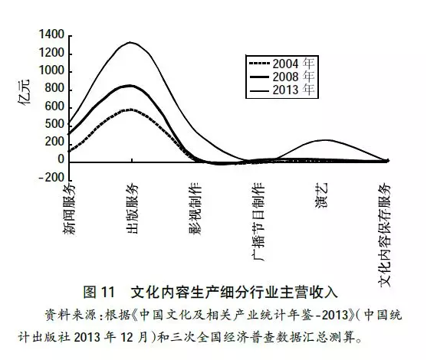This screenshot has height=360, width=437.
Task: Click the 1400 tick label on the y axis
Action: pyautogui.click(x=51, y=34)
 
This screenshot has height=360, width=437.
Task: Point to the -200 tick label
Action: pyautogui.click(x=51, y=178)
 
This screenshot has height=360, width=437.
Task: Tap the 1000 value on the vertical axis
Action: pyautogui.click(x=51, y=70)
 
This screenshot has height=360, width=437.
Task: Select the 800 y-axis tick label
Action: pyautogui.click(x=54, y=89)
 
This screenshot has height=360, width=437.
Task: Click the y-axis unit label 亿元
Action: pyautogui.click(x=24, y=92)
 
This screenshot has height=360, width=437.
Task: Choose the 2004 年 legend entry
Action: pyautogui.click(x=282, y=64)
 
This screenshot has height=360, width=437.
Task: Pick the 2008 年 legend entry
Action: pyautogui.click(x=282, y=77)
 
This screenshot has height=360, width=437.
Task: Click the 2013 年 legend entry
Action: pyautogui.click(x=282, y=90)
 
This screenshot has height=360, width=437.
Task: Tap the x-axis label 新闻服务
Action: pyautogui.click(x=70, y=210)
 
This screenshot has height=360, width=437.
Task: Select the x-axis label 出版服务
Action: pyautogui.click(x=133, y=208)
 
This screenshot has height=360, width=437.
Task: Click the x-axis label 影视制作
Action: pyautogui.click(x=195, y=209)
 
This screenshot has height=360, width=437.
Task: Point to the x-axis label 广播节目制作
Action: pyautogui.click(x=258, y=222)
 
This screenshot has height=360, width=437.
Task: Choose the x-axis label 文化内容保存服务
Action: pyautogui.click(x=385, y=234)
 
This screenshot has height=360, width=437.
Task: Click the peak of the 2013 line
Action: pyautogui.click(x=130, y=42)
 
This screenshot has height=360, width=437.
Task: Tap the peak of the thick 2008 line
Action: pyautogui.click(x=130, y=86)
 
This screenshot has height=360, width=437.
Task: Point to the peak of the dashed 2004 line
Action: pyautogui.click(x=130, y=110)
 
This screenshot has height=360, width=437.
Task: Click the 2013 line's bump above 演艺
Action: pyautogui.click(x=325, y=140)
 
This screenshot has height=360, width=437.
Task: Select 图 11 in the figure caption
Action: pyautogui.click(x=99, y=293)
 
